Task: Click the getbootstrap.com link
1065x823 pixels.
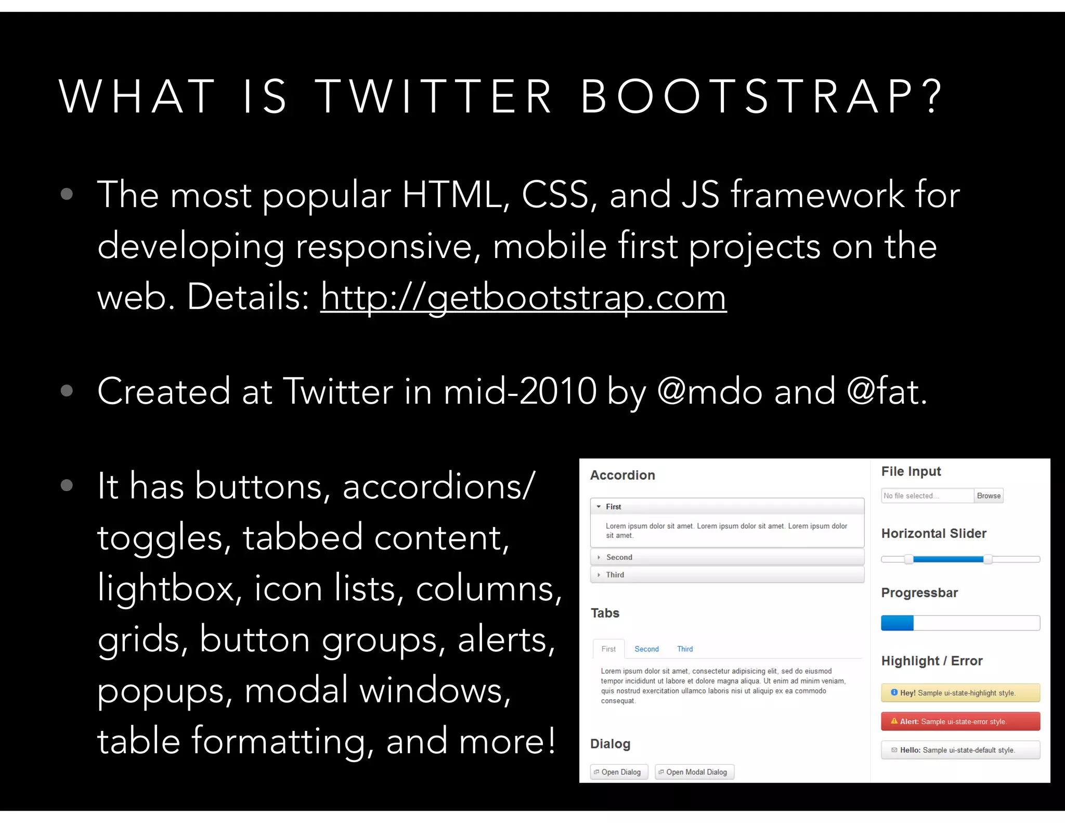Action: click(523, 298)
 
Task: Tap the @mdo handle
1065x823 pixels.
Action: click(710, 391)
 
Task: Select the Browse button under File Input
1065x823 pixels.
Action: click(988, 496)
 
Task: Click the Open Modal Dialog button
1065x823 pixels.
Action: click(695, 772)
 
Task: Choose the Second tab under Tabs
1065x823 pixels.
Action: click(646, 649)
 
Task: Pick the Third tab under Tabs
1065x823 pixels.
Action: click(685, 649)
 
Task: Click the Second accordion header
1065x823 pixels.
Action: click(727, 557)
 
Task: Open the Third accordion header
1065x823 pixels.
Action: click(727, 575)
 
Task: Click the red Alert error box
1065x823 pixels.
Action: click(960, 722)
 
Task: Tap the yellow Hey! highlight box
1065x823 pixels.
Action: click(960, 693)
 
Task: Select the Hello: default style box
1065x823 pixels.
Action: click(960, 750)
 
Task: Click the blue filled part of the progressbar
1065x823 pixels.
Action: click(897, 623)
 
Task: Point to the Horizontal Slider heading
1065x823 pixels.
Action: click(933, 534)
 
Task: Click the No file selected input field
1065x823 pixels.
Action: click(927, 496)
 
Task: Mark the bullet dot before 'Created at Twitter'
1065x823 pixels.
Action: click(67, 391)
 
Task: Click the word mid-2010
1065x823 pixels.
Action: click(520, 391)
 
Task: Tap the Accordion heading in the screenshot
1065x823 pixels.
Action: click(622, 475)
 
